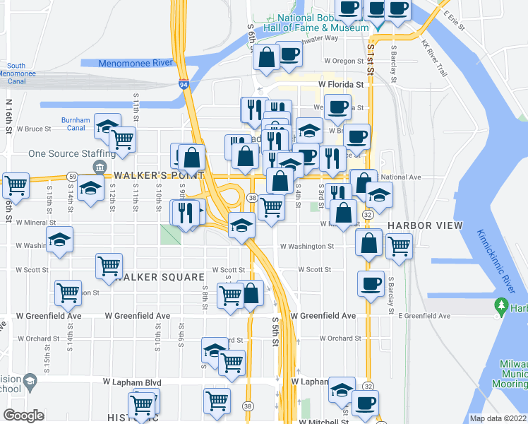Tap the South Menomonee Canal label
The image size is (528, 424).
pyautogui.click(x=27, y=69)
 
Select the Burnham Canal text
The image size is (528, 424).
pyautogui.click(x=76, y=124)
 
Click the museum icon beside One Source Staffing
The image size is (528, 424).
pyautogui.click(x=99, y=167)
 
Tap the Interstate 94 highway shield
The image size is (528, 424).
pyautogui.click(x=184, y=85)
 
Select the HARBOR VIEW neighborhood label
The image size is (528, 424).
pyautogui.click(x=425, y=225)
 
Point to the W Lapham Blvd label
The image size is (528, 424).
pyautogui.click(x=132, y=382)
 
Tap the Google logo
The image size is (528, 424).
pyautogui.click(x=23, y=416)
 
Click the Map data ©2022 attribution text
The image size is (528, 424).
pyautogui.click(x=498, y=418)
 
